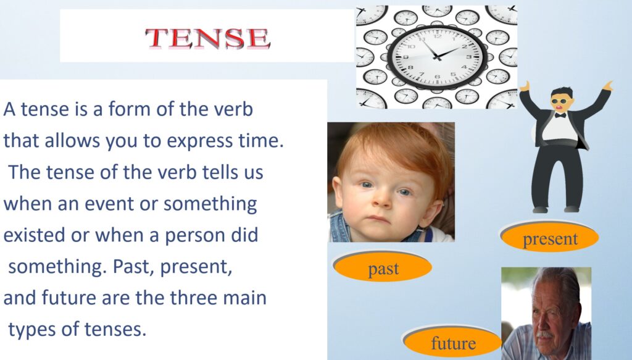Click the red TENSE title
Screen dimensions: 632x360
[207, 39]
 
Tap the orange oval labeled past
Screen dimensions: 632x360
[383, 267]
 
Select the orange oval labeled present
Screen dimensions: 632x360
[550, 238]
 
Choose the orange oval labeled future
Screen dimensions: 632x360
[452, 341]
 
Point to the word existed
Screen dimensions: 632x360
[35, 235]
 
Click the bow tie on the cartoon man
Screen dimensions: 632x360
[560, 115]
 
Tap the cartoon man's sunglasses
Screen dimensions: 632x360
[560, 101]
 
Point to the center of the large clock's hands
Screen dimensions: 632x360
[437, 57]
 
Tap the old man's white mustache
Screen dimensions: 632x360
[544, 335]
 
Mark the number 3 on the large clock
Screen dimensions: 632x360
[470, 57]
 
